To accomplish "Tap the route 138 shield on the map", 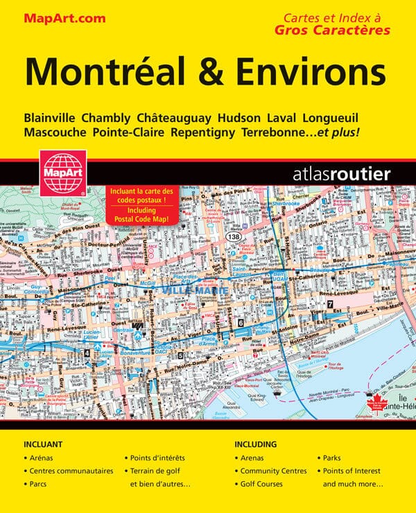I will tap(233, 238).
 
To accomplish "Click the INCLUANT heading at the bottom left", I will tap(43, 444).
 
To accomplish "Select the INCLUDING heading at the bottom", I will tap(256, 444).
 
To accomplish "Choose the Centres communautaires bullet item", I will tap(71, 471).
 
